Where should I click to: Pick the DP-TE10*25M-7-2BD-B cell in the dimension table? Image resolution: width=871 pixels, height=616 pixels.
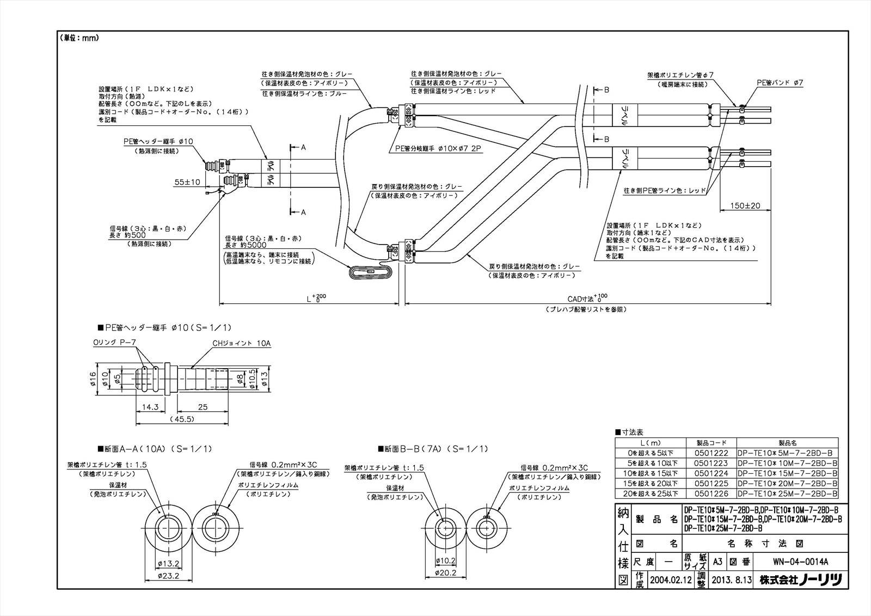787,494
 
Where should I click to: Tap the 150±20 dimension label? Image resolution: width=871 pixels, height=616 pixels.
745,206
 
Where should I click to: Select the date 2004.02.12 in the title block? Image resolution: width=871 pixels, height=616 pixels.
670,580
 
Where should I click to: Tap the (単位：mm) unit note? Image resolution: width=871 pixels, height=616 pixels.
79,38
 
